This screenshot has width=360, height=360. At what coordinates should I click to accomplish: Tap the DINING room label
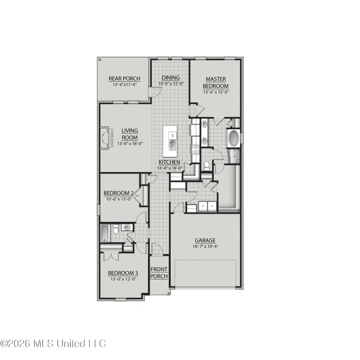(170, 78)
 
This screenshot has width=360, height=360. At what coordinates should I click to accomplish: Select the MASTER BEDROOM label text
(216, 83)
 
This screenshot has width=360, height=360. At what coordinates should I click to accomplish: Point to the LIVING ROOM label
(130, 134)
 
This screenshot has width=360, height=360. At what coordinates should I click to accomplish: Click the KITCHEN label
(169, 162)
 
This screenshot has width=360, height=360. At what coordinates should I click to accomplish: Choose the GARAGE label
(205, 240)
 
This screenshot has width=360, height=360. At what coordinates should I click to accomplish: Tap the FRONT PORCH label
(159, 273)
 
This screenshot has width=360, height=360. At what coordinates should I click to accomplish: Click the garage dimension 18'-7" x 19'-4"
(205, 246)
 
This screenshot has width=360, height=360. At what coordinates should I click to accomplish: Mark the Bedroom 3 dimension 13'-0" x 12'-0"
(123, 279)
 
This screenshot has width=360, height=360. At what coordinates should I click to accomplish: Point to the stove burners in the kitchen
(195, 149)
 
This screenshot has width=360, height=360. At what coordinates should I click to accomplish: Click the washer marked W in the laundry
(203, 206)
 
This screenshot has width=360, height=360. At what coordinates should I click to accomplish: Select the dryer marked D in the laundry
(212, 206)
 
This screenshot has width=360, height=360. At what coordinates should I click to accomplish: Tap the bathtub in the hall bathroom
(104, 233)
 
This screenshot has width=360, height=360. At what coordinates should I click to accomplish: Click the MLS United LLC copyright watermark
(53, 343)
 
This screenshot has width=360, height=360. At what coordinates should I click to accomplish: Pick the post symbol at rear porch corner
(100, 60)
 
